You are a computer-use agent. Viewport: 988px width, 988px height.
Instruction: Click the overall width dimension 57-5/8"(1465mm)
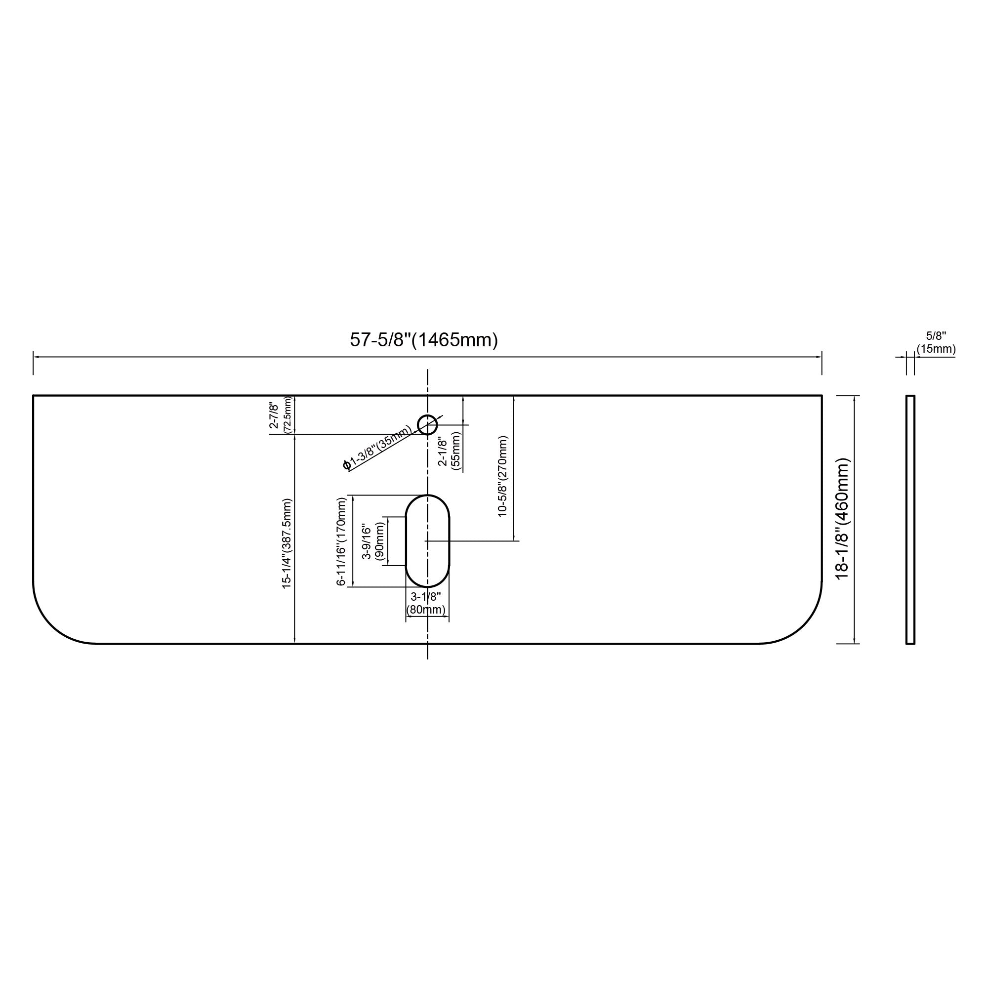click(x=423, y=340)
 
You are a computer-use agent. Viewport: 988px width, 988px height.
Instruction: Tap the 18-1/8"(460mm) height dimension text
click(x=842, y=519)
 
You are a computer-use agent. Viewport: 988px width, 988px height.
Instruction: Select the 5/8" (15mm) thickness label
click(x=936, y=343)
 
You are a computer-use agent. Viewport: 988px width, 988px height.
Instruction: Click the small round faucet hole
click(x=427, y=424)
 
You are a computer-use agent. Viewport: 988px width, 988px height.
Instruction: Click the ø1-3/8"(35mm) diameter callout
click(x=377, y=447)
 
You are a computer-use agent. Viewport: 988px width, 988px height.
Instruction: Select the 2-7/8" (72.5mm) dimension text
click(x=281, y=415)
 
